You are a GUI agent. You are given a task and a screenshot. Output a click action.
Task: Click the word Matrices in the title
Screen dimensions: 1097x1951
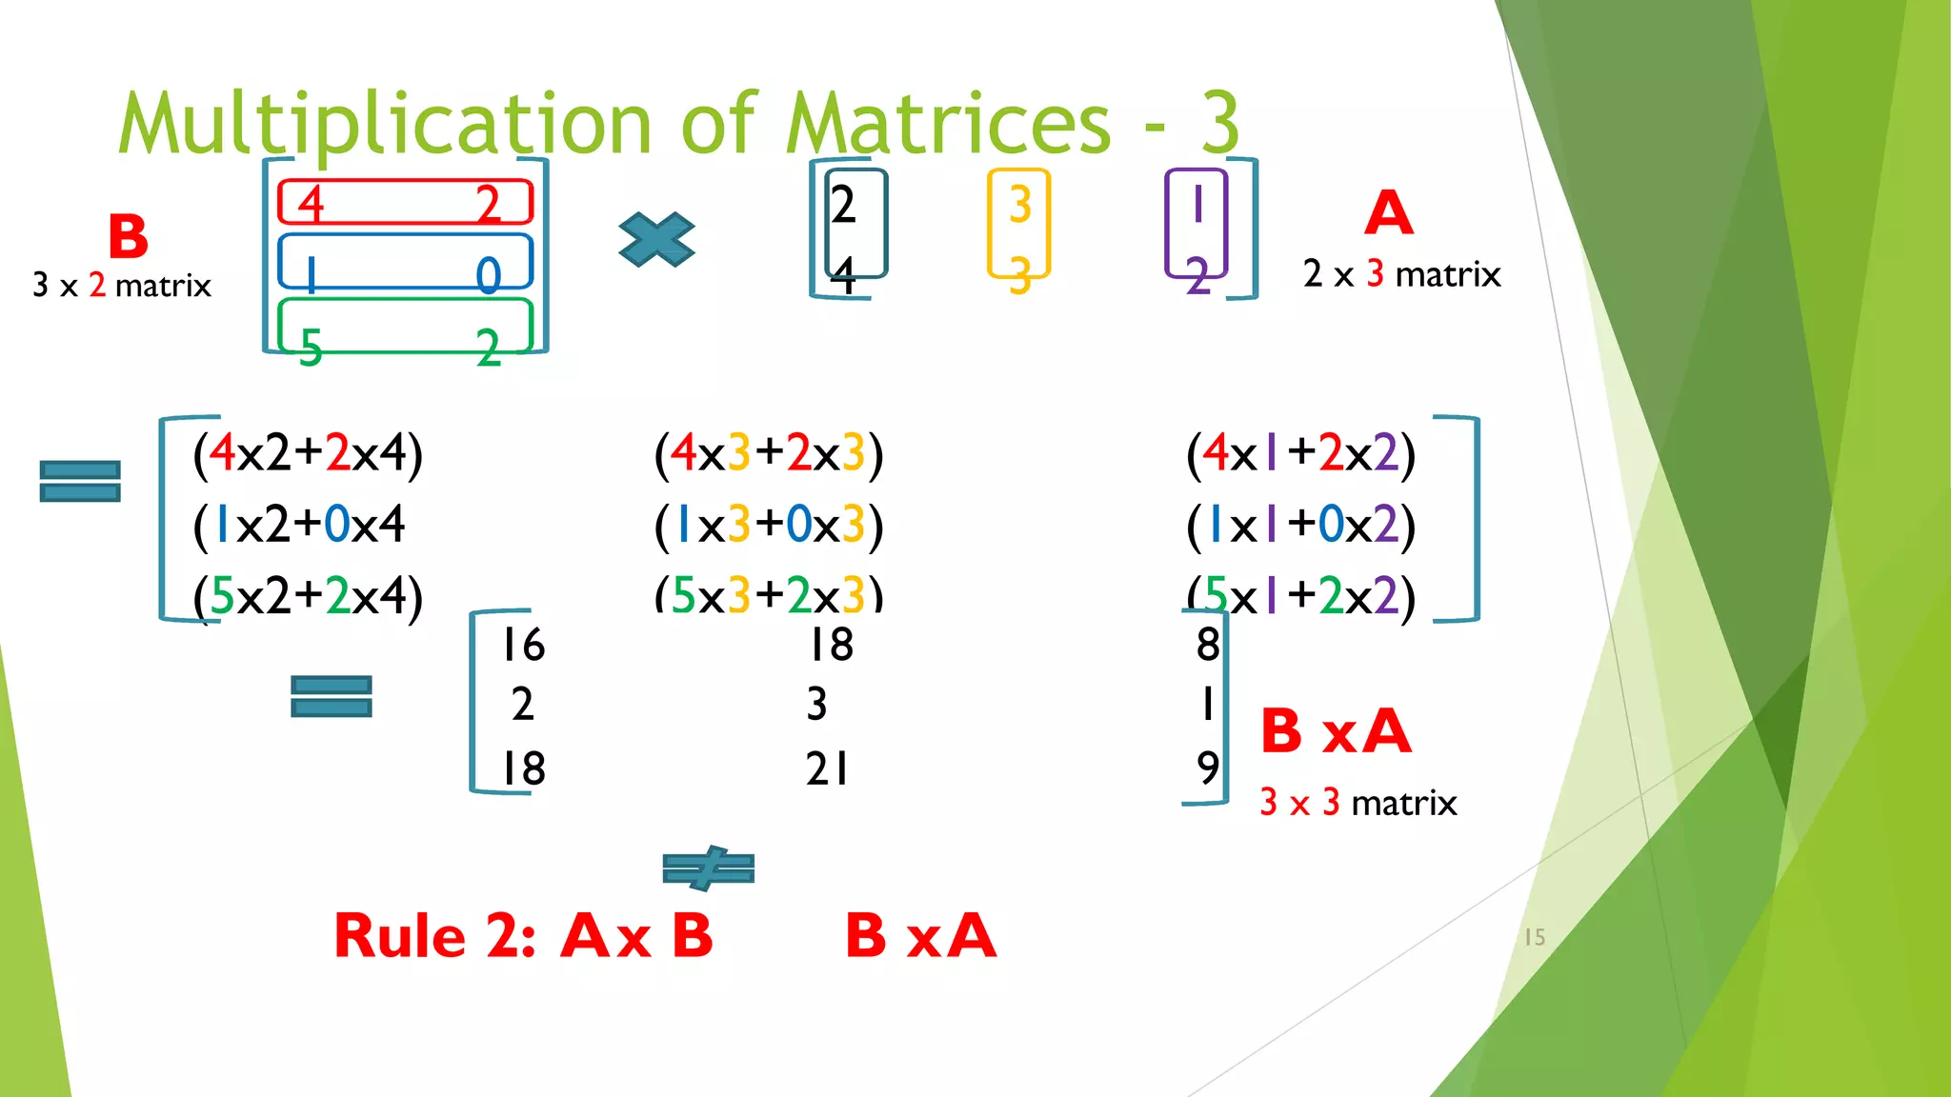(x=948, y=124)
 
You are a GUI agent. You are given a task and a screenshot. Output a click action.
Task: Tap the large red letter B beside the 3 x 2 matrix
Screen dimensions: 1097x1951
(x=128, y=236)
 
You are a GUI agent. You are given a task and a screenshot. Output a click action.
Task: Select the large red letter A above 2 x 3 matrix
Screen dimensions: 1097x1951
(x=1388, y=213)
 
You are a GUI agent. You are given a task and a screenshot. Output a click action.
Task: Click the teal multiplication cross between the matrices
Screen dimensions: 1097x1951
(x=656, y=239)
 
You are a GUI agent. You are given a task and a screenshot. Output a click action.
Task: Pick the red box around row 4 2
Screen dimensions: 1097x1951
(x=405, y=202)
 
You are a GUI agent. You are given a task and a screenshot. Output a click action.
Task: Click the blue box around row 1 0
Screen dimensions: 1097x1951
(x=405, y=261)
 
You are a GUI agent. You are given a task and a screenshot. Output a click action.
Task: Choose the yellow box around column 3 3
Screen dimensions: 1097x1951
(x=1018, y=224)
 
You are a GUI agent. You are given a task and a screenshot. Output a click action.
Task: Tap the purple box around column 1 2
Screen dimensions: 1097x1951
(x=1196, y=224)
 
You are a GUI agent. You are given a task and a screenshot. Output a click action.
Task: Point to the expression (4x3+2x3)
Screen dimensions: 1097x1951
(x=768, y=453)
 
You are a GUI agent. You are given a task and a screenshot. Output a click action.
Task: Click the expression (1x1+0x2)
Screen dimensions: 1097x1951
(x=1300, y=525)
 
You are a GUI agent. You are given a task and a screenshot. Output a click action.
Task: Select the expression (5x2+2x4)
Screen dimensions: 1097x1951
(x=308, y=596)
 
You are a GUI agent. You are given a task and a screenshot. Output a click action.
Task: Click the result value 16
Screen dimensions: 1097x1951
(x=523, y=645)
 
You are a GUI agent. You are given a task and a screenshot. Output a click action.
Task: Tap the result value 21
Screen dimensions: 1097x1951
(x=826, y=768)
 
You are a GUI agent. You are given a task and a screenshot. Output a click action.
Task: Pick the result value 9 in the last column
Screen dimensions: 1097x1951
(x=1207, y=767)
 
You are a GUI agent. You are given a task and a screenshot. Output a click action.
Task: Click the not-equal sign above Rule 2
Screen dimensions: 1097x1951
(x=708, y=868)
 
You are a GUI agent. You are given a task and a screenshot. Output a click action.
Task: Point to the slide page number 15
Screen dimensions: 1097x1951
(x=1534, y=937)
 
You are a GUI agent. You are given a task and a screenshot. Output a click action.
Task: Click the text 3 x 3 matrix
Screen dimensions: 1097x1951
(x=1358, y=803)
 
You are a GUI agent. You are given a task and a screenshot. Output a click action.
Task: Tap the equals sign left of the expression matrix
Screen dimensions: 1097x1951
(x=80, y=481)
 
